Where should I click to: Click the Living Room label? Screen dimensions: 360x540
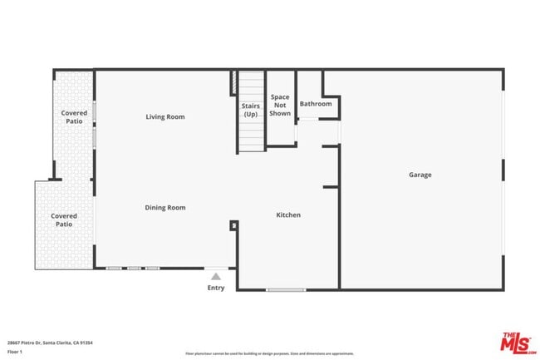click(164, 117)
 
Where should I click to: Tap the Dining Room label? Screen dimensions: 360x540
click(164, 208)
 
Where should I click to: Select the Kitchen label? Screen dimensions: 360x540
click(288, 215)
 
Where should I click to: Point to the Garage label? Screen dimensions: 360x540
click(420, 175)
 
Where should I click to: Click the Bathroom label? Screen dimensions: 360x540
click(316, 104)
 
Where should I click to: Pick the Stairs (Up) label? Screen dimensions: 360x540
click(251, 110)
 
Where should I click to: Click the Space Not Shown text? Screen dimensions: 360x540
click(280, 105)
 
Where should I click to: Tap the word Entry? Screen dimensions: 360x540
click(216, 288)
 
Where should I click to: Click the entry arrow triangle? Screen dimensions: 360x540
click(216, 276)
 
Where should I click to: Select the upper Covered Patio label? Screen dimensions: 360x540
click(74, 117)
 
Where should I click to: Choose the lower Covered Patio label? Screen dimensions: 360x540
click(64, 220)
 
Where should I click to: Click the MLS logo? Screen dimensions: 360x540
click(516, 342)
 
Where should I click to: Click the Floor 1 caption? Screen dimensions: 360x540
click(15, 352)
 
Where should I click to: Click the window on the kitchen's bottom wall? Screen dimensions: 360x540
click(285, 289)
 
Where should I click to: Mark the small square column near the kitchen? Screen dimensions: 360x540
click(234, 224)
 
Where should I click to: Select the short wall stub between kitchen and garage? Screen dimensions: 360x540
click(331, 186)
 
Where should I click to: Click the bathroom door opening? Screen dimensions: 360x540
click(307, 120)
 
